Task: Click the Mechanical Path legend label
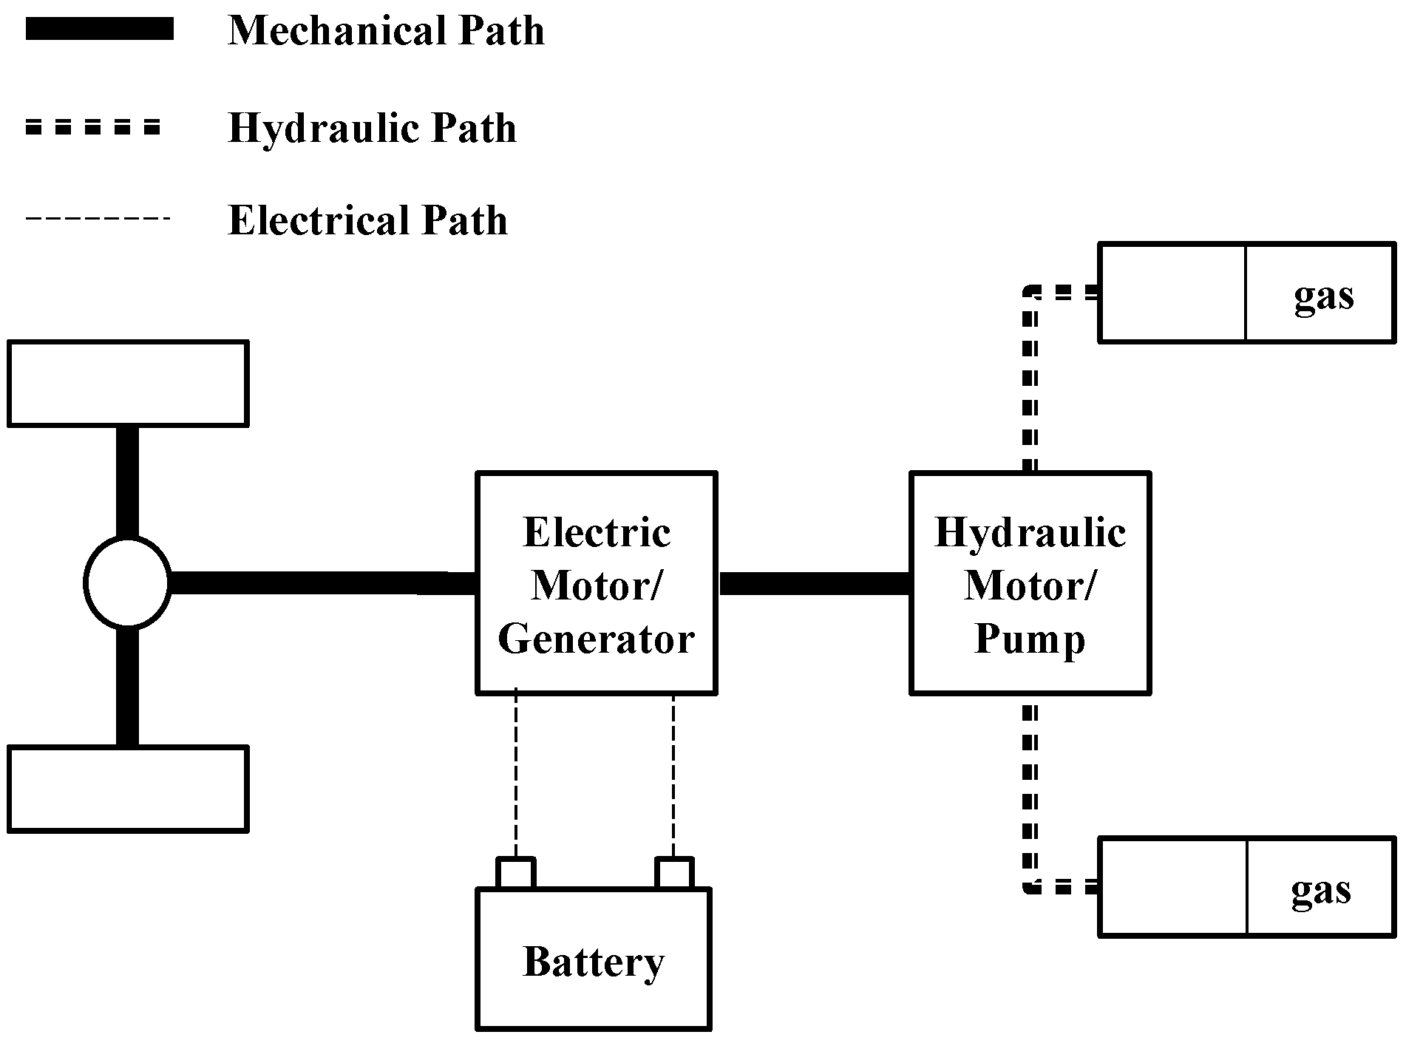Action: [x=386, y=31]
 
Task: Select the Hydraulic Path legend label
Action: [x=372, y=128]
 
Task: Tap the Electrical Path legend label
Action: [x=367, y=220]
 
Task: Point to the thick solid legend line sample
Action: [x=99, y=30]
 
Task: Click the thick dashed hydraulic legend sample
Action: [x=92, y=127]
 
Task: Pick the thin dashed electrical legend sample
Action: [x=98, y=219]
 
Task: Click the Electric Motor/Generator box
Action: [x=596, y=583]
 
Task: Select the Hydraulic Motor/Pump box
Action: [x=1029, y=583]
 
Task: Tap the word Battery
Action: [x=593, y=962]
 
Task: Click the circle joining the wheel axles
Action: [x=127, y=583]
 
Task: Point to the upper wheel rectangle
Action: [x=127, y=384]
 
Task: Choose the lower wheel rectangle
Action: [x=127, y=789]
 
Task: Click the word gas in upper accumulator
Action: [x=1323, y=296]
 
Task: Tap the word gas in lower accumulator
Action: [x=1320, y=890]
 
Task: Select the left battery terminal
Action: [x=515, y=873]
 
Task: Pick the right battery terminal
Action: [x=673, y=873]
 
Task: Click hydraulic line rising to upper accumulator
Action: [x=1030, y=384]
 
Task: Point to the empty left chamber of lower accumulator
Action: [x=1173, y=887]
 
